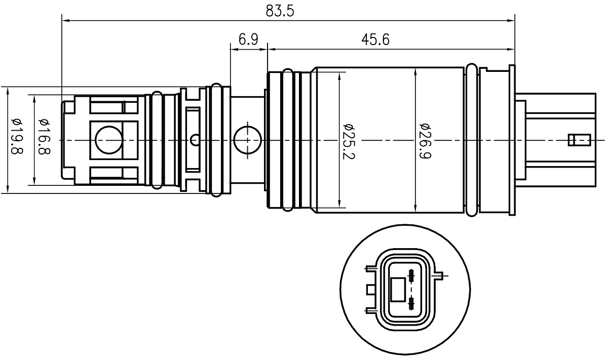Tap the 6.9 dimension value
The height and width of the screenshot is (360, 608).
(x=248, y=39)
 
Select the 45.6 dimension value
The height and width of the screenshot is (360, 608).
(x=375, y=40)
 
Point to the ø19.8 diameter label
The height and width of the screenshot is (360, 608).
(x=17, y=136)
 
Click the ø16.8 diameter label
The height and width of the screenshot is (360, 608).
(x=45, y=137)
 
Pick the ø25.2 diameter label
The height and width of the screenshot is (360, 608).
(x=349, y=141)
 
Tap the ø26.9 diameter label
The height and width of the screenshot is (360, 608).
(x=426, y=141)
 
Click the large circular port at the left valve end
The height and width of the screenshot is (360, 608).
(x=109, y=140)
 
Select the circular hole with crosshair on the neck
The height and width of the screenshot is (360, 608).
(x=248, y=140)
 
